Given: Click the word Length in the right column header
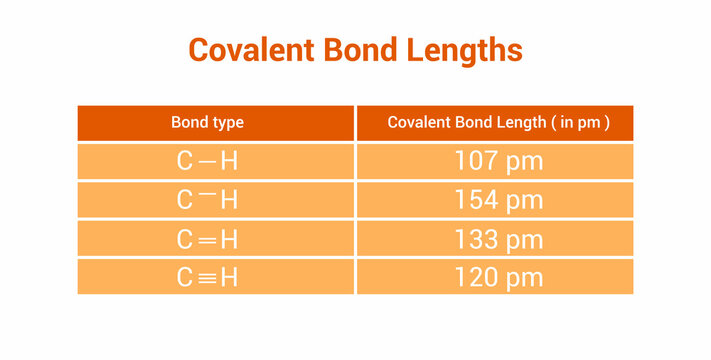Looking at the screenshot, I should (515, 123).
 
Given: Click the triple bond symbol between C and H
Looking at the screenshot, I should (207, 277).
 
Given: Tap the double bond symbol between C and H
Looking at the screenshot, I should (207, 239).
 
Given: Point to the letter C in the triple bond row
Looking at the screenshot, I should (184, 277).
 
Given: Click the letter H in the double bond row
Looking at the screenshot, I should (229, 239).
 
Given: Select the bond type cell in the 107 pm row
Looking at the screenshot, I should (215, 161).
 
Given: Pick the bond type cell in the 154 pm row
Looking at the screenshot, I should (215, 199).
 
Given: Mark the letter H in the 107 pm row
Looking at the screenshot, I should (229, 161).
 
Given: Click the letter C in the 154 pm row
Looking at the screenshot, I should (184, 200).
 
